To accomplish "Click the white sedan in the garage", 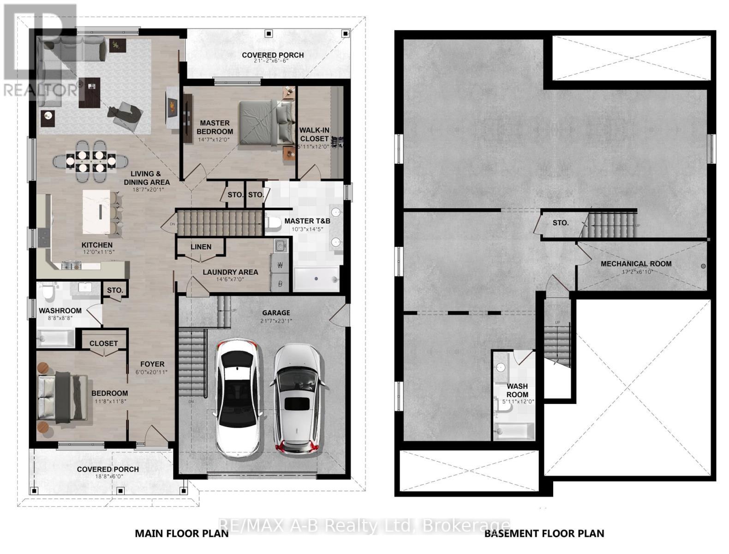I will pyautogui.click(x=238, y=398).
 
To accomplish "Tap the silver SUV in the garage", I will pyautogui.click(x=297, y=398).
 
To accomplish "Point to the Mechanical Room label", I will pyautogui.click(x=636, y=264).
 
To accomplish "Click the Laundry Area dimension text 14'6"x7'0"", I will pyautogui.click(x=230, y=279).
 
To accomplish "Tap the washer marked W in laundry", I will pyautogui.click(x=280, y=265).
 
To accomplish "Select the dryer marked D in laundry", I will pyautogui.click(x=280, y=283).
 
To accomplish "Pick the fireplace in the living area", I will pyautogui.click(x=171, y=107).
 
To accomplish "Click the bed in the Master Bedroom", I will pyautogui.click(x=265, y=123).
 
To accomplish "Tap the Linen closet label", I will pyautogui.click(x=201, y=247).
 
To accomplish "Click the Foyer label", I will pyautogui.click(x=152, y=364).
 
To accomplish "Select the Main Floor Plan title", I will pyautogui.click(x=181, y=533).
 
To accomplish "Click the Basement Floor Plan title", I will pyautogui.click(x=544, y=533).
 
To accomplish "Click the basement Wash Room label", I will pyautogui.click(x=517, y=390).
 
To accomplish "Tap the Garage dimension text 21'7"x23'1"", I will pyautogui.click(x=276, y=321).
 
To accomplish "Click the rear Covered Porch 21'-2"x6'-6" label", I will pyautogui.click(x=273, y=55).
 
